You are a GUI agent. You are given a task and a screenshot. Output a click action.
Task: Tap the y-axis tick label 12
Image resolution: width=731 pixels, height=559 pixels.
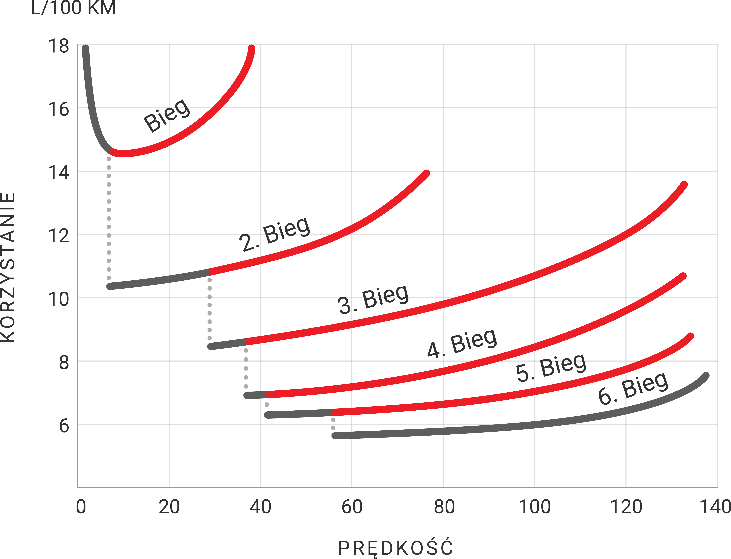pyautogui.click(x=59, y=236)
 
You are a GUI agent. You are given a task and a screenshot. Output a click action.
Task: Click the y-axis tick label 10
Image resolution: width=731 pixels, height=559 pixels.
pyautogui.click(x=59, y=299)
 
